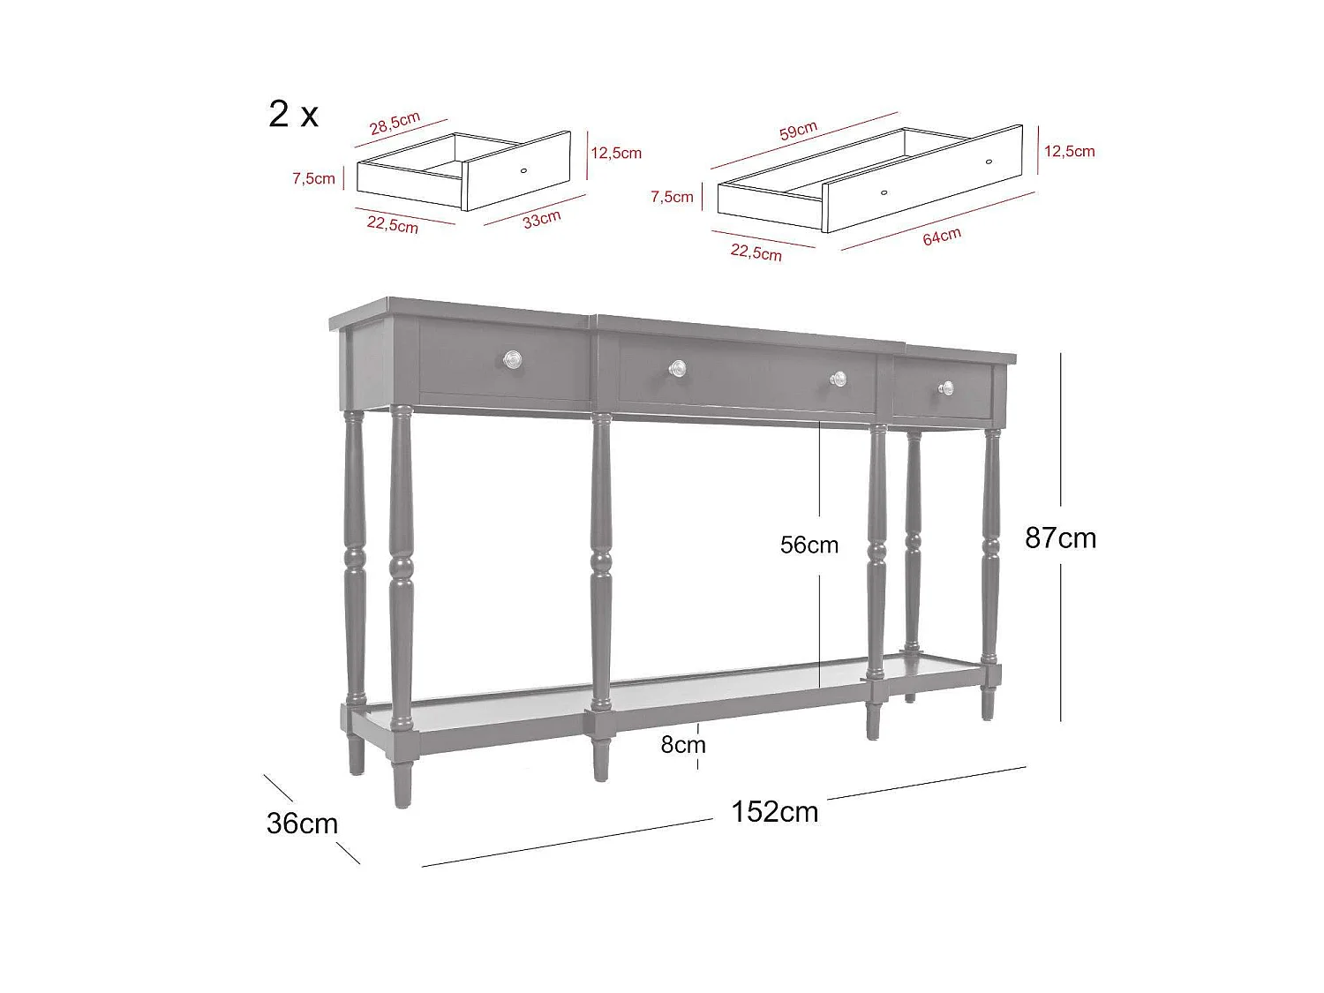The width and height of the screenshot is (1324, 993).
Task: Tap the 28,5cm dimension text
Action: tap(395, 123)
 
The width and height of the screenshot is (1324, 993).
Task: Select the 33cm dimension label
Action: tap(542, 219)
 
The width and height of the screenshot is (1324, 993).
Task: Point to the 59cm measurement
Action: tap(798, 131)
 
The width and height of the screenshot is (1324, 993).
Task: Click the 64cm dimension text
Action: tap(942, 237)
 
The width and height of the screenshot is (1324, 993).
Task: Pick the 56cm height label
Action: tap(809, 545)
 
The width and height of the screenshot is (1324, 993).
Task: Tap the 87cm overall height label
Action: tap(1060, 538)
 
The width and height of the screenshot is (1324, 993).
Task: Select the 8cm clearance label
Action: tap(683, 745)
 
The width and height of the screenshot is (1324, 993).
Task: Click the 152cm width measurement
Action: tap(774, 811)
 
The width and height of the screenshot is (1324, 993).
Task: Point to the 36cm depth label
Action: tap(302, 824)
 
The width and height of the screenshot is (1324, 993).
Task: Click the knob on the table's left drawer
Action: tap(512, 360)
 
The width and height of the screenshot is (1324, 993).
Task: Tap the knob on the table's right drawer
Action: tap(946, 388)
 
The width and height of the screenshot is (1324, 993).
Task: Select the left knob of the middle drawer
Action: tap(677, 368)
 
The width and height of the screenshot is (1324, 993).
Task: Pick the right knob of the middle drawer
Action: tap(838, 379)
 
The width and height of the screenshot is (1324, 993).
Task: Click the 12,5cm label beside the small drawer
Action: tap(616, 153)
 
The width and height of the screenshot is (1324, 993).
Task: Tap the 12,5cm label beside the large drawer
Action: tap(1070, 151)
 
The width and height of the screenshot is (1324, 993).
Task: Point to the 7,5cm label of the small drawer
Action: tap(313, 178)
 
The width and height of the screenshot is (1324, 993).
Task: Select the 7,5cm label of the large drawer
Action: tap(672, 197)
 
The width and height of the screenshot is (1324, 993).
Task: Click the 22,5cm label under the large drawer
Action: tap(756, 252)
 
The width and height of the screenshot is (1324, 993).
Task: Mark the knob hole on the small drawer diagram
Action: tap(523, 170)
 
